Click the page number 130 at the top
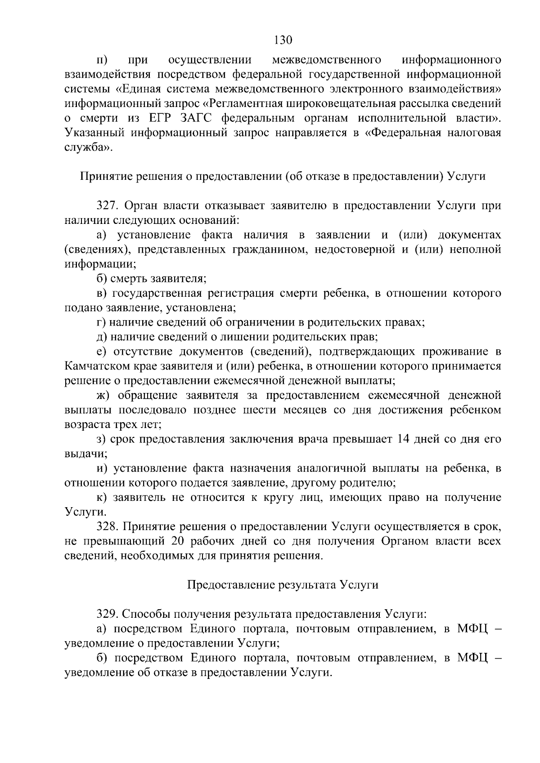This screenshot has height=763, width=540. point(283,40)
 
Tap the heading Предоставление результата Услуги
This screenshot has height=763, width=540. point(283,585)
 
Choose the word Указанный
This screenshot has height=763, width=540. point(94,133)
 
